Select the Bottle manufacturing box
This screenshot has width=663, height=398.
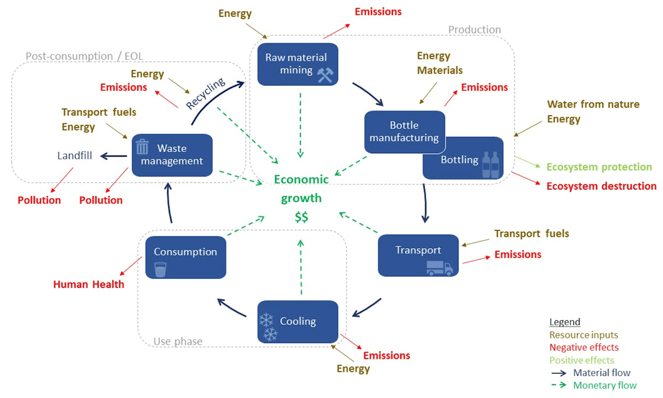(x=404, y=131)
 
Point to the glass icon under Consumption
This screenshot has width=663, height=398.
(x=160, y=269)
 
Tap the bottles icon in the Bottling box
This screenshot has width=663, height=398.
(x=490, y=165)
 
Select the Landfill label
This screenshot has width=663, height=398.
(x=75, y=155)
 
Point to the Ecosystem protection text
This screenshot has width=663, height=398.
(x=599, y=167)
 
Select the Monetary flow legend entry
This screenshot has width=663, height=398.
(x=605, y=385)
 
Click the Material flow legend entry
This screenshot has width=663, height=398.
(x=602, y=373)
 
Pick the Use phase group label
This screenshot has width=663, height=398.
(x=178, y=341)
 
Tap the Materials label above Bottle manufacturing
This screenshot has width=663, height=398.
(x=440, y=70)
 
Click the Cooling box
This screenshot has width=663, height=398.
(x=298, y=321)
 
